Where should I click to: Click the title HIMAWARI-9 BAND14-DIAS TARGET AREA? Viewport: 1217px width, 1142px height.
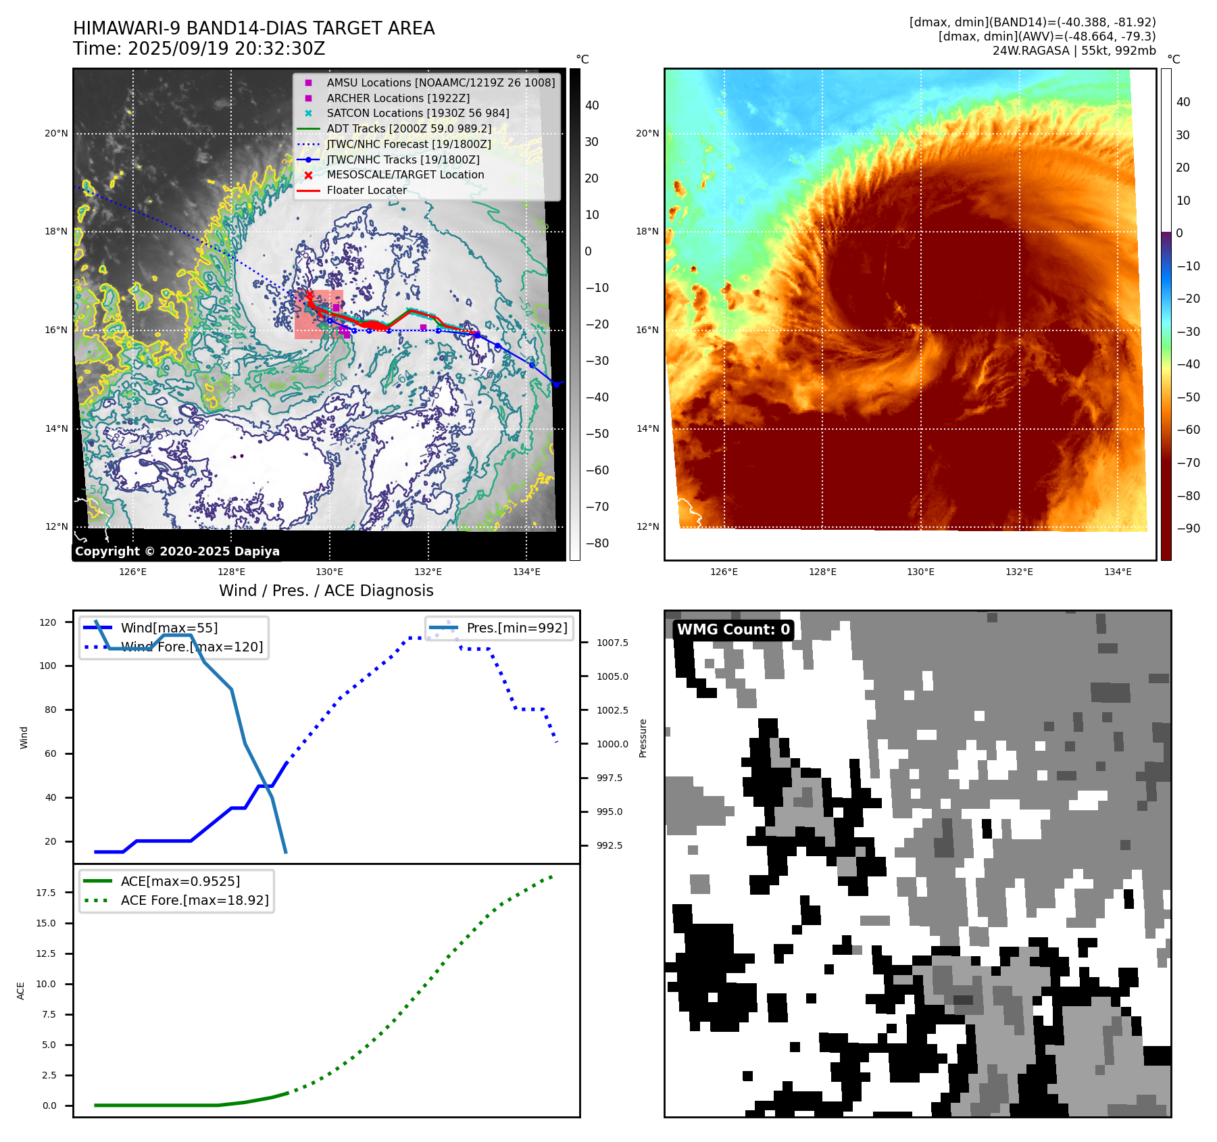pyautogui.click(x=253, y=28)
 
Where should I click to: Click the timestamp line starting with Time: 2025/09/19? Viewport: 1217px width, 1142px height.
pyautogui.click(x=199, y=49)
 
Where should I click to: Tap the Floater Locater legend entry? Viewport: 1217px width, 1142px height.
pyautogui.click(x=366, y=190)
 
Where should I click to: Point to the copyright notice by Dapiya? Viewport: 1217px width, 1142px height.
pyautogui.click(x=177, y=551)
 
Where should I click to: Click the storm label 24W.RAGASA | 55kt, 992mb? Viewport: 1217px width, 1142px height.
pyautogui.click(x=1074, y=51)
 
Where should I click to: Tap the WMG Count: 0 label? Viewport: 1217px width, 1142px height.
pyautogui.click(x=733, y=629)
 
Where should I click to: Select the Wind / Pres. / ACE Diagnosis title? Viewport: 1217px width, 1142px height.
pyautogui.click(x=326, y=591)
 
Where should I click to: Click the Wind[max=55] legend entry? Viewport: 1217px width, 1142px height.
pyautogui.click(x=169, y=628)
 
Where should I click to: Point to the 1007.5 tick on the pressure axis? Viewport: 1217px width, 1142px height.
pyautogui.click(x=612, y=643)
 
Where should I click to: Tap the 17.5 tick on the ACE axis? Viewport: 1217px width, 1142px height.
pyautogui.click(x=46, y=893)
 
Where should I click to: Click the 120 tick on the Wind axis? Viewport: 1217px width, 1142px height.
pyautogui.click(x=48, y=622)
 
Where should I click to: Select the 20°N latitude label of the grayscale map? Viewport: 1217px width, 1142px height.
pyautogui.click(x=56, y=133)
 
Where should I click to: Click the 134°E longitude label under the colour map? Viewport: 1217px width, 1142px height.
pyautogui.click(x=1118, y=572)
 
